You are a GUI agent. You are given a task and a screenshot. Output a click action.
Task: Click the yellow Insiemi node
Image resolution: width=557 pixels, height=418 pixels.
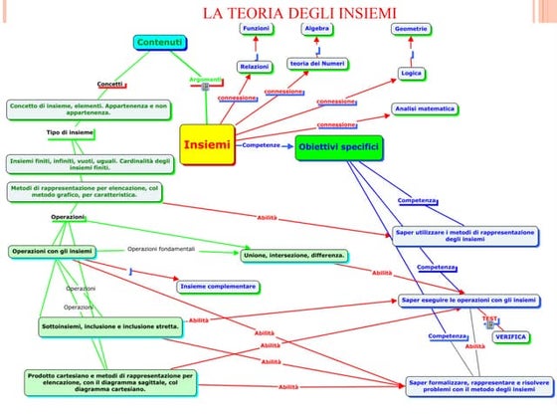[x=208, y=145]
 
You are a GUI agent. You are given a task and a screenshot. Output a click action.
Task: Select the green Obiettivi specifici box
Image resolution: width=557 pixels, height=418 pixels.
[x=338, y=147]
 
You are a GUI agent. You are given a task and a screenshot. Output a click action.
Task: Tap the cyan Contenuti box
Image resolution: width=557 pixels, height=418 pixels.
[x=159, y=42]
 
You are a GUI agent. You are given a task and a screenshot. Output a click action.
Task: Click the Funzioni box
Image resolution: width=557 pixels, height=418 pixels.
[x=256, y=29]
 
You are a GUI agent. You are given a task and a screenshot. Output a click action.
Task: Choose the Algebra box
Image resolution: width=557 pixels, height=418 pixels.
[x=316, y=29]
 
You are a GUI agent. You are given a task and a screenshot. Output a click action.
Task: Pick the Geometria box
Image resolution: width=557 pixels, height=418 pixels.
[x=411, y=30]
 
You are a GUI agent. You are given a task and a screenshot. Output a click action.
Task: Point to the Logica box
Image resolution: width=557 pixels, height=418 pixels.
[x=411, y=73]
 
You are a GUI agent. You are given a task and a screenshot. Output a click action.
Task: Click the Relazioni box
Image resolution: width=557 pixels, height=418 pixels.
[x=254, y=67]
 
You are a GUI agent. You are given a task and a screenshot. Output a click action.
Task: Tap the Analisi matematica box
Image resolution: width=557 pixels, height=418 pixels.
[x=424, y=107]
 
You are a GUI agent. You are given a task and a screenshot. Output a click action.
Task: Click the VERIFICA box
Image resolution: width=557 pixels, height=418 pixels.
[x=510, y=337]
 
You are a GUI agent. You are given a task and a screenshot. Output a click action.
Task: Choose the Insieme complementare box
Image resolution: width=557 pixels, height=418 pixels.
[x=218, y=287]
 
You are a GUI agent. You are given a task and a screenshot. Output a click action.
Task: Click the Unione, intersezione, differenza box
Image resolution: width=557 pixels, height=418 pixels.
[x=294, y=256]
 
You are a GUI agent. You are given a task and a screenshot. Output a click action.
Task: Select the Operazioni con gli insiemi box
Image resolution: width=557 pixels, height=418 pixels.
[x=53, y=252]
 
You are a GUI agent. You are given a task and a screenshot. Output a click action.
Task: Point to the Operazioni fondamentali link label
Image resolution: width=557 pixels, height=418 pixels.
[x=161, y=248]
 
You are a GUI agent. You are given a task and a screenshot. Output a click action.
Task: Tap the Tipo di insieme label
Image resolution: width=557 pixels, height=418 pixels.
[x=70, y=132]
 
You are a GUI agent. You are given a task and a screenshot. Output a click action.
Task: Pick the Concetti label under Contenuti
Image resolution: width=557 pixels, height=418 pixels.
[x=109, y=84]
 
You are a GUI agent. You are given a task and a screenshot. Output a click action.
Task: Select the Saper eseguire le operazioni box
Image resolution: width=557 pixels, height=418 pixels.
[x=469, y=300]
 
